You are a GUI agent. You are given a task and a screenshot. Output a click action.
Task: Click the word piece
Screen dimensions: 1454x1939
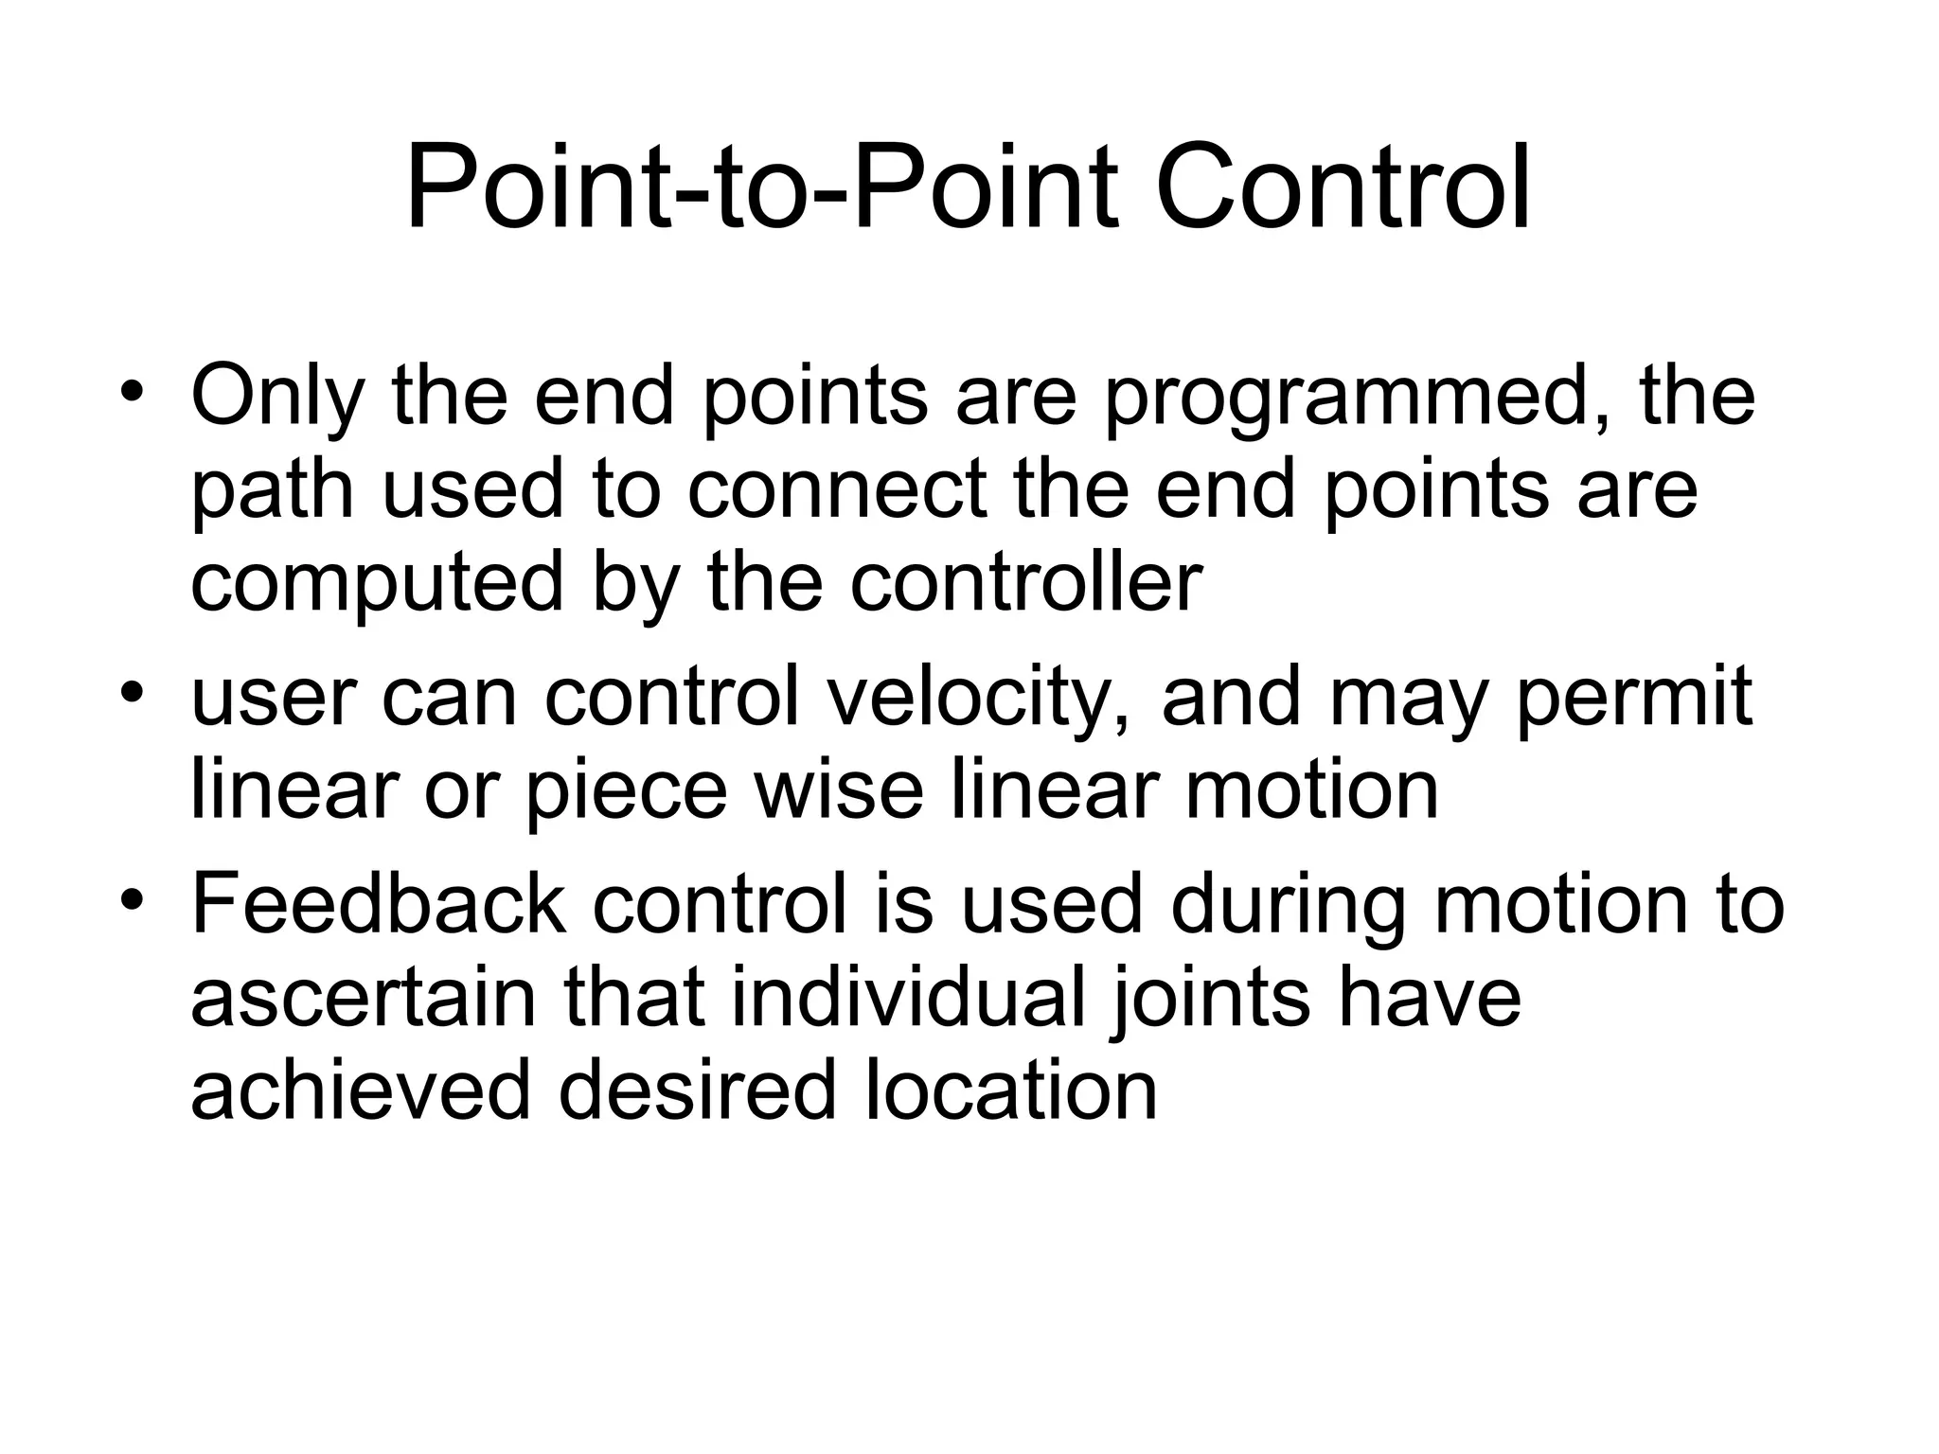coord(625,791)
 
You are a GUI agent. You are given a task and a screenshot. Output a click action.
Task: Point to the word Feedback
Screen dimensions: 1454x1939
coord(379,904)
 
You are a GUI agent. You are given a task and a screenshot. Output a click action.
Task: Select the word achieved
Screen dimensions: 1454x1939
coord(361,1090)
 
